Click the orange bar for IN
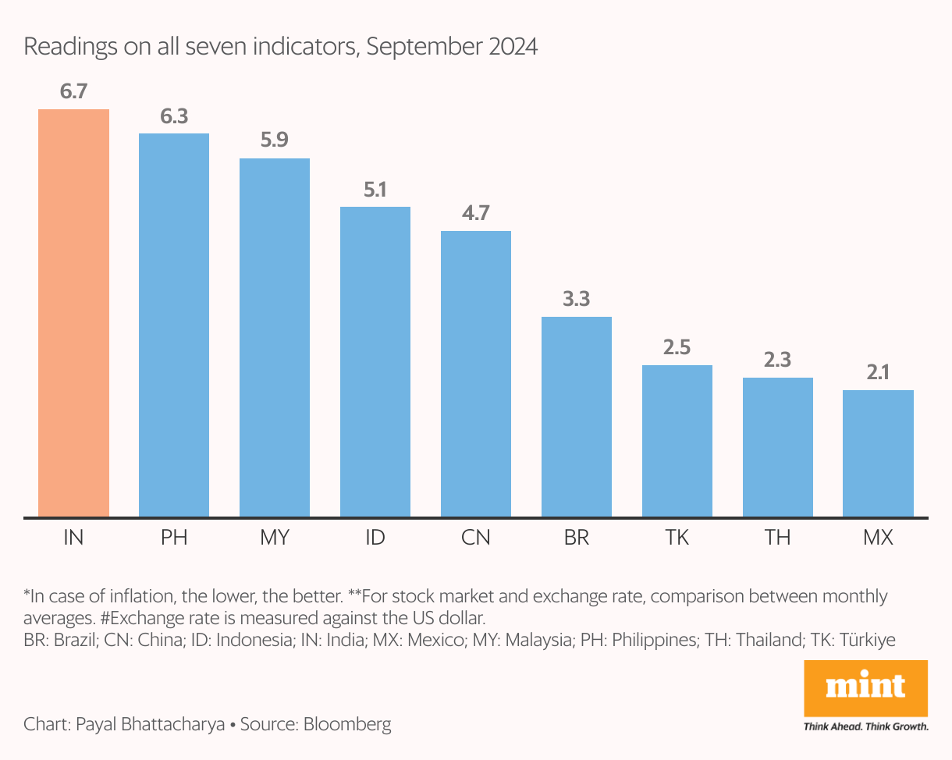pos(73,312)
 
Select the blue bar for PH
pos(174,325)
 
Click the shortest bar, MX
pos(878,453)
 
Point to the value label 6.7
pos(73,92)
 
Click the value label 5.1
pos(375,190)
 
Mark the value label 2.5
pos(677,348)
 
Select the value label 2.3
pos(777,360)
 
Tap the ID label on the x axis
pos(375,538)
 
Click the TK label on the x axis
pos(677,538)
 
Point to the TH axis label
pos(777,538)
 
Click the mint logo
pos(865,687)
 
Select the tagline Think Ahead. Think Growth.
pos(865,726)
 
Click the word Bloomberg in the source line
pos(347,724)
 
